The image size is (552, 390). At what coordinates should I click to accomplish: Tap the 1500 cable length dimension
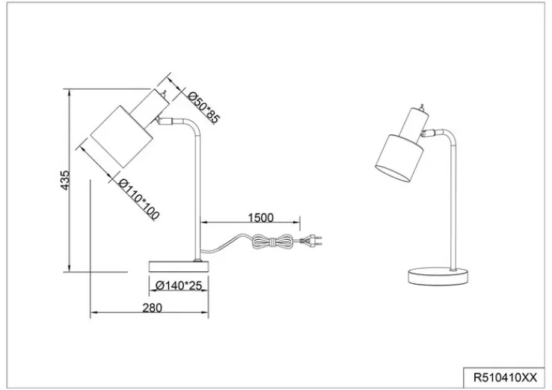tap(260, 217)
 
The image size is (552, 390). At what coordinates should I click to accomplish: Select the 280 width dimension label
tap(151, 308)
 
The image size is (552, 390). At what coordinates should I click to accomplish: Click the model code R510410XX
tap(502, 377)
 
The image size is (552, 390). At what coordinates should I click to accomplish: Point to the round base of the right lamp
tap(439, 275)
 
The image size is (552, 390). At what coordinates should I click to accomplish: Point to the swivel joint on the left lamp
tap(165, 120)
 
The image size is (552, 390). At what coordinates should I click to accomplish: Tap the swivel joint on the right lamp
tap(429, 133)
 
